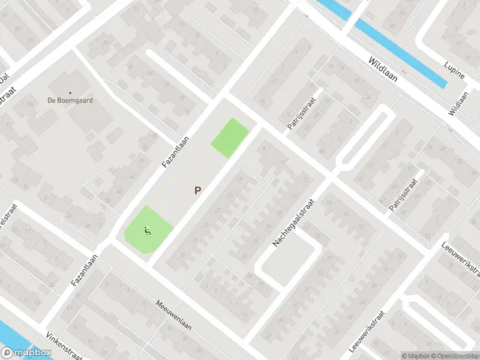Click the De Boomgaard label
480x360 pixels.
coord(70,100)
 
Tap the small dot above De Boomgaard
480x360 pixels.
coord(70,92)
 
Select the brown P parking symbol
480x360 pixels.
coord(197,191)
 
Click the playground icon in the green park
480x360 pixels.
coord(147,230)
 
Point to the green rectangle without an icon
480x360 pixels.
coord(230,138)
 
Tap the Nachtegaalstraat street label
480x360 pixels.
coord(293,214)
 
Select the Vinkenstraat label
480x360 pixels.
coord(63,347)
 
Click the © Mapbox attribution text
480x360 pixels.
coord(416,355)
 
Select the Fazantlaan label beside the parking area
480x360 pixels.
coord(176,151)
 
